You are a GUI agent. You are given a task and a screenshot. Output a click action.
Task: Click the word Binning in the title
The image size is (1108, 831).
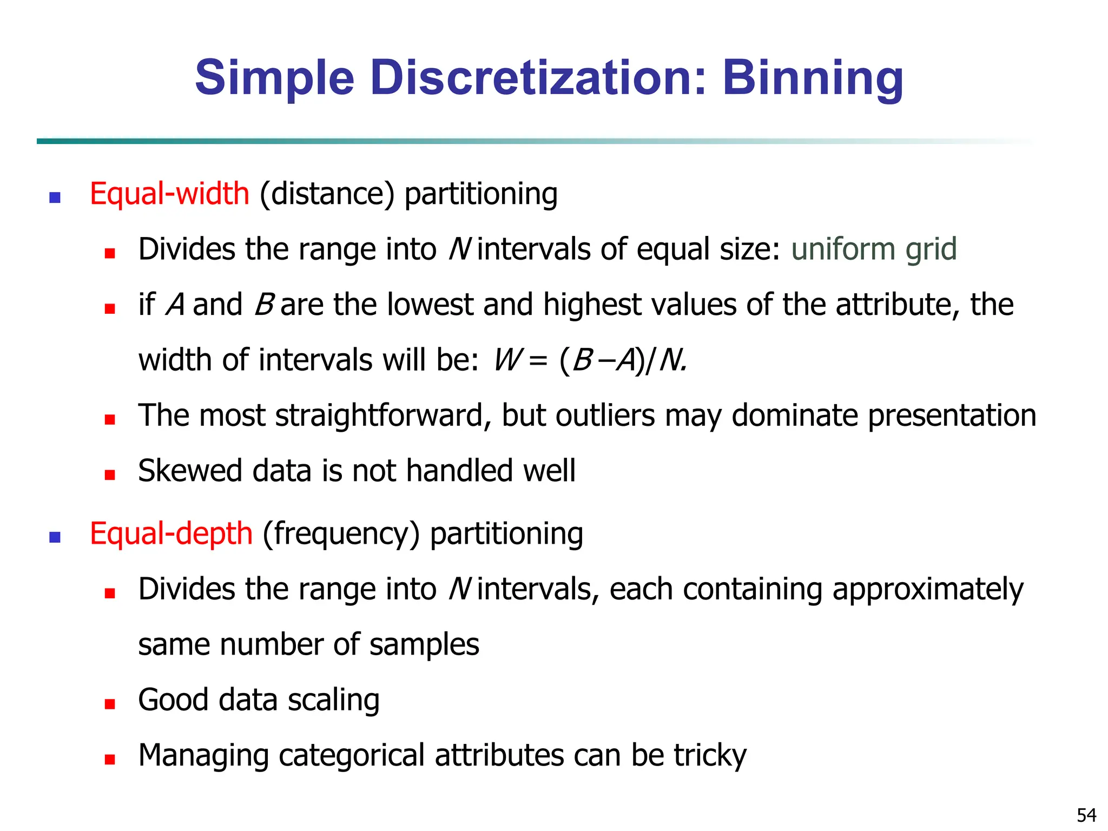[813, 78]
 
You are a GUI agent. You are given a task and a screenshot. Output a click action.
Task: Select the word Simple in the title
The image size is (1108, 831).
[274, 78]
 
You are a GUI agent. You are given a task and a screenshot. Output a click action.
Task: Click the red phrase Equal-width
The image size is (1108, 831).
[169, 194]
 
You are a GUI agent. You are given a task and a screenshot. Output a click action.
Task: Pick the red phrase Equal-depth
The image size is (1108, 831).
[171, 533]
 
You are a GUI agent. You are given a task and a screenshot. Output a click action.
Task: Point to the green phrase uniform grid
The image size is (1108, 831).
[874, 249]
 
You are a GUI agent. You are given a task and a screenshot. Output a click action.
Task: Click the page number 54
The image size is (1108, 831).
[1086, 815]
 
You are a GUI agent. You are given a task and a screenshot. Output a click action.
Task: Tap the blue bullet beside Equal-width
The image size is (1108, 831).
[55, 197]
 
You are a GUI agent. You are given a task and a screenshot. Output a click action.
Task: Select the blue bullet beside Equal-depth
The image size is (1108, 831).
[55, 537]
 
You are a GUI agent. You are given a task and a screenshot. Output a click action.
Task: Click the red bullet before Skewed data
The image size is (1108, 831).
[110, 475]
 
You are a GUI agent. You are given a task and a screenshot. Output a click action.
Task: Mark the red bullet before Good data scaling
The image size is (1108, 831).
[110, 704]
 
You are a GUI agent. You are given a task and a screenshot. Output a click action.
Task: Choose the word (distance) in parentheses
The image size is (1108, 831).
[327, 194]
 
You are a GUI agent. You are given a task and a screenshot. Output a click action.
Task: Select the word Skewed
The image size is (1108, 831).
[190, 471]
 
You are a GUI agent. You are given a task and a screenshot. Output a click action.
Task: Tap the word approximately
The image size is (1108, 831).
[928, 590]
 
